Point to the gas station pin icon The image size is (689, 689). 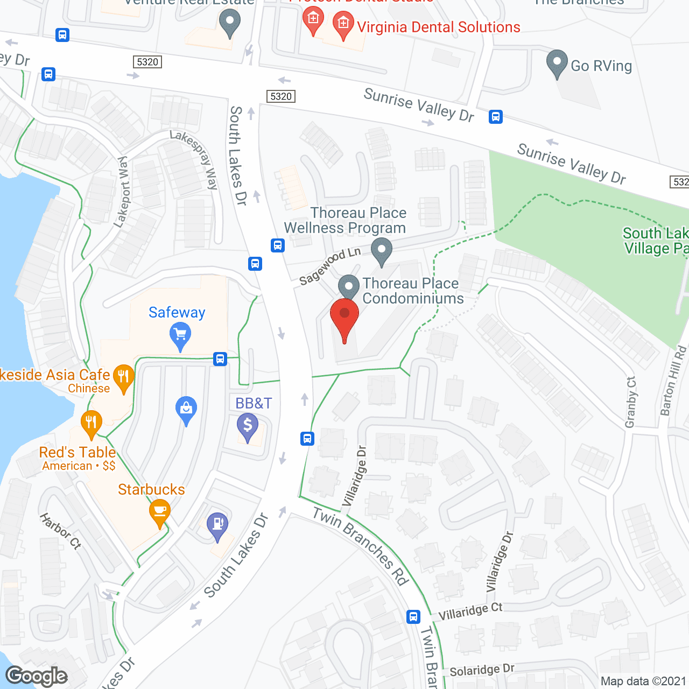(217, 525)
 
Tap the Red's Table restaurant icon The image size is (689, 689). (92, 423)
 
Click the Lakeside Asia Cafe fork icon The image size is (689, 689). (124, 377)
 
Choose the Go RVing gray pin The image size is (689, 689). (557, 62)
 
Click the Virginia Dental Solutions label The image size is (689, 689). (438, 27)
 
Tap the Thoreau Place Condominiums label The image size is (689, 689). (413, 291)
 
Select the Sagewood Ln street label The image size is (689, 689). (329, 266)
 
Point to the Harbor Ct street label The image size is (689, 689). (60, 531)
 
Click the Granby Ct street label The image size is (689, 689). (631, 402)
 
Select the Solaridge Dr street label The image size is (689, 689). (482, 670)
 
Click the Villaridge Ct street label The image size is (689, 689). (470, 611)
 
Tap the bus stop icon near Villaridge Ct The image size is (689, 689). (413, 616)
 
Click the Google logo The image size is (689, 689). (37, 676)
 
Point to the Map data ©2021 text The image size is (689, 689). (643, 681)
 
